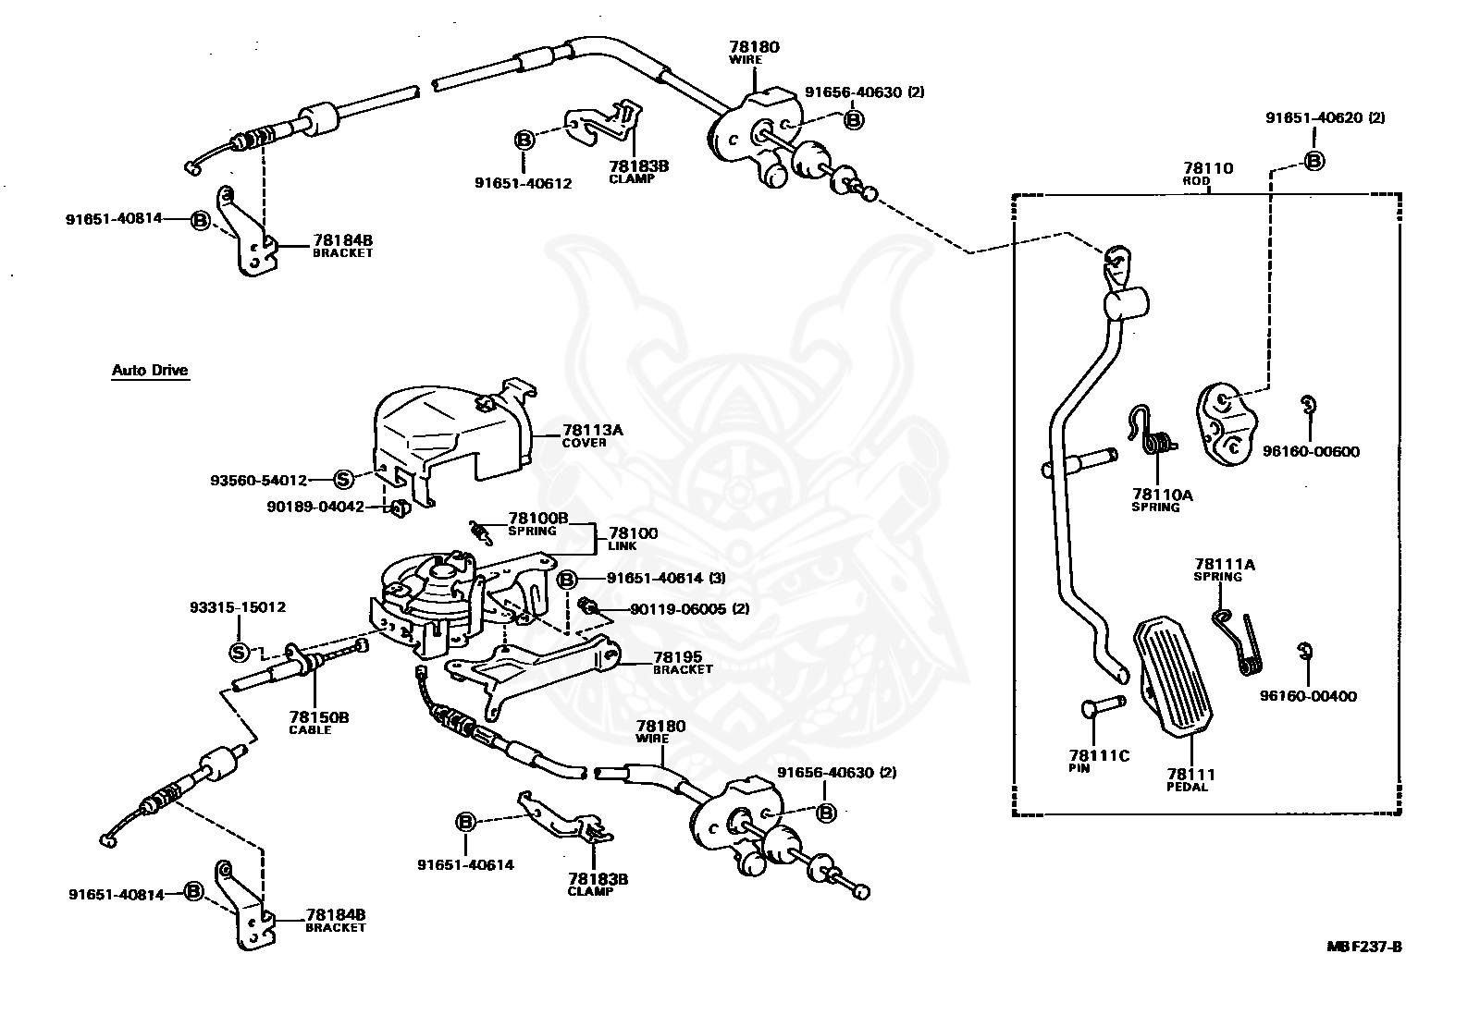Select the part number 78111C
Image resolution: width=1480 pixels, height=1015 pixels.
click(x=1099, y=755)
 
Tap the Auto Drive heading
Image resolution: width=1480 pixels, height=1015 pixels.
click(x=150, y=371)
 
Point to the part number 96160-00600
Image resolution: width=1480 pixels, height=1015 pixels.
click(x=1312, y=452)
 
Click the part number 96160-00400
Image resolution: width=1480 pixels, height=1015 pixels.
click(x=1308, y=696)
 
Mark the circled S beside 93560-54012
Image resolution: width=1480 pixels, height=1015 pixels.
click(x=343, y=479)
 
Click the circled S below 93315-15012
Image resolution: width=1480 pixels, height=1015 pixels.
click(x=239, y=652)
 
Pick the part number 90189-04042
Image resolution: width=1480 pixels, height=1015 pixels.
click(x=314, y=507)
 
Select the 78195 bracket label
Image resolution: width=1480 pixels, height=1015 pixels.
click(x=683, y=662)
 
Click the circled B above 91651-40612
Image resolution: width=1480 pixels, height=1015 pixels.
click(x=524, y=141)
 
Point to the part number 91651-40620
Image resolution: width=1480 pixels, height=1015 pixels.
click(x=1317, y=117)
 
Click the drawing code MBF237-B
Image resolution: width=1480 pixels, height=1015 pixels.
click(x=1364, y=947)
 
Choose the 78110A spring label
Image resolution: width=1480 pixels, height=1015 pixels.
click(x=1162, y=500)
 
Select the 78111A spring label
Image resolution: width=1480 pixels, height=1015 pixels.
click(x=1217, y=569)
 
